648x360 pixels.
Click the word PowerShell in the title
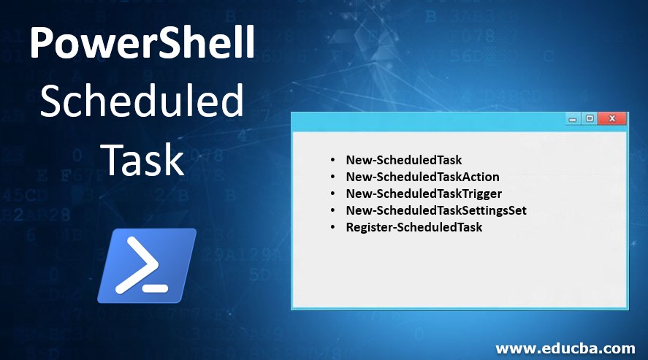[x=142, y=46]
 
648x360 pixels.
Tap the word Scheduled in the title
[x=142, y=102]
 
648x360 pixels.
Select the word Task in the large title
[x=142, y=159]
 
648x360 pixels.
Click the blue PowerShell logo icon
[x=147, y=265]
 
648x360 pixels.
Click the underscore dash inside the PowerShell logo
[x=156, y=288]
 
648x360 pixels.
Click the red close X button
[x=612, y=118]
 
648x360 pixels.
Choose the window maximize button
[x=589, y=118]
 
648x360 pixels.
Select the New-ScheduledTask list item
[x=403, y=159]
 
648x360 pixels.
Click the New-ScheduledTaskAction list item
[x=422, y=176]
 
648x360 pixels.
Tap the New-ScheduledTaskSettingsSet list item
[x=436, y=210]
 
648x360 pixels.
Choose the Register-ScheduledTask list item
[x=414, y=227]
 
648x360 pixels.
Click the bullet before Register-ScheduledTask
[x=333, y=227]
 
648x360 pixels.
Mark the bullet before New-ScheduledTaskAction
[x=333, y=176]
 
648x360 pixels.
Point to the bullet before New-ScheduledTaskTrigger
[x=333, y=194]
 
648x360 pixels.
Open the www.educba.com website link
[x=565, y=348]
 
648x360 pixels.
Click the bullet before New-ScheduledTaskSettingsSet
[x=333, y=210]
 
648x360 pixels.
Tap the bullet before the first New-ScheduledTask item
[x=333, y=159]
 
